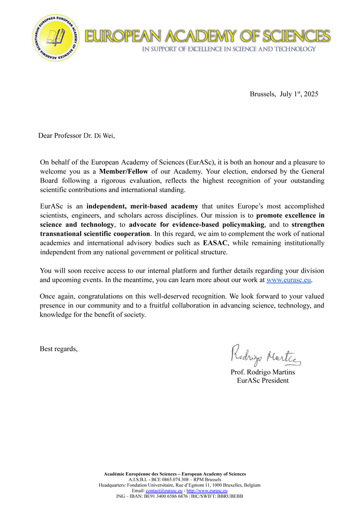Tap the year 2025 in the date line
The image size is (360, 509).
(x=311, y=94)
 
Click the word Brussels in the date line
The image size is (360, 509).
(x=263, y=94)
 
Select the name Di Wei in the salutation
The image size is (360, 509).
(x=104, y=136)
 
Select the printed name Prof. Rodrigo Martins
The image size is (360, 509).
(x=263, y=372)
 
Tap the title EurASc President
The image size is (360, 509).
(x=263, y=381)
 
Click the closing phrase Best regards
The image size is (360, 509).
(x=58, y=349)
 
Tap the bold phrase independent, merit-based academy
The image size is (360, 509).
(x=142, y=207)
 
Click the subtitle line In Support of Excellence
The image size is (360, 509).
(x=229, y=49)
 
